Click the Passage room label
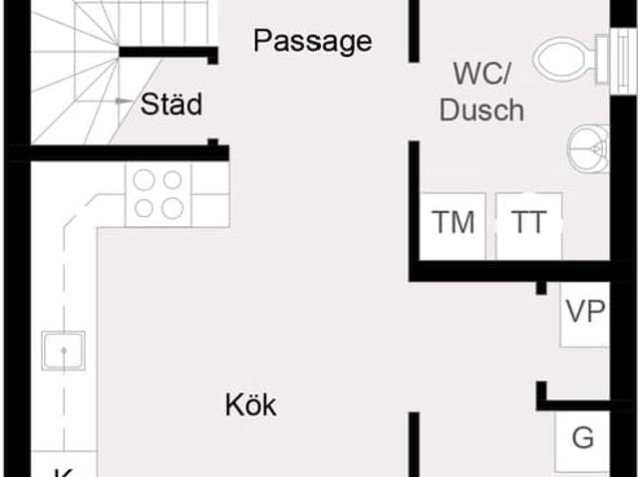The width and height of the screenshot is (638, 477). coord(312,41)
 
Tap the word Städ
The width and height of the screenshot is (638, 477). coord(171,105)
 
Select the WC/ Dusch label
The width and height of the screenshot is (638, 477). coord(481,91)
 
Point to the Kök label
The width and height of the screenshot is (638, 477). coord(250,405)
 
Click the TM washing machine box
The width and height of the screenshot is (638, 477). coord(453,223)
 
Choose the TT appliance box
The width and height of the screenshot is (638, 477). coord(528,223)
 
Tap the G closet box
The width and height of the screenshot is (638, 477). coord(582,438)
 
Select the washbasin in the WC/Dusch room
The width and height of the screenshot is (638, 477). coord(591,149)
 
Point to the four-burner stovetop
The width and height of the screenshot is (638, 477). coord(159,193)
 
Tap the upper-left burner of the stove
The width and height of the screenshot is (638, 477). coord(145,180)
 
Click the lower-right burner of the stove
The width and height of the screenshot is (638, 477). coord(172,207)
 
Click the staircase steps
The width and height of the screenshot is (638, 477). coord(70,70)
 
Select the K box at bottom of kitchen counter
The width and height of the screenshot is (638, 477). coord(63,468)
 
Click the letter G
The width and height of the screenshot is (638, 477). coord(582,437)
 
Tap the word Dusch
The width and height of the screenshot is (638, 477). coord(481,110)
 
